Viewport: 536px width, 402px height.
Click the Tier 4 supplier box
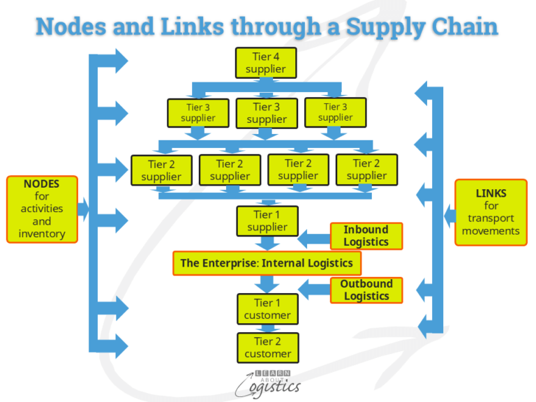pos(266,62)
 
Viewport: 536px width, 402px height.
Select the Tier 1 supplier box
pos(267,221)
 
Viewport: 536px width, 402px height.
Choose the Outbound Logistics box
pos(366,290)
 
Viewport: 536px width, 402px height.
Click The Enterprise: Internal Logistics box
pos(267,263)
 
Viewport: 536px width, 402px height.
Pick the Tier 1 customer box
pos(267,309)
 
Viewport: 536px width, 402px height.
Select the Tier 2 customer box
pos(267,348)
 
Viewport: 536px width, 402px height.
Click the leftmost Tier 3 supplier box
pos(198,113)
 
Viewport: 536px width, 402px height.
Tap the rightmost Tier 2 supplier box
pos(366,170)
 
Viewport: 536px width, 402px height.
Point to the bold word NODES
pos(41,184)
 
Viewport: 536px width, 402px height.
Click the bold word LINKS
pos(491,193)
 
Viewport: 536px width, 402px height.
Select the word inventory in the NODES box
pos(41,234)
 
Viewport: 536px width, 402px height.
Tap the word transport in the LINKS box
pos(491,218)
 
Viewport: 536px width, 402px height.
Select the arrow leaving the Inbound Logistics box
pos(314,239)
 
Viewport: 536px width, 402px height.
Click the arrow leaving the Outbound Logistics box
pos(314,288)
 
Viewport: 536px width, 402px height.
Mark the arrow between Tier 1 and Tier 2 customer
pos(267,328)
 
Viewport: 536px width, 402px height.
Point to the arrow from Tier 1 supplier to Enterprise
pos(267,243)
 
